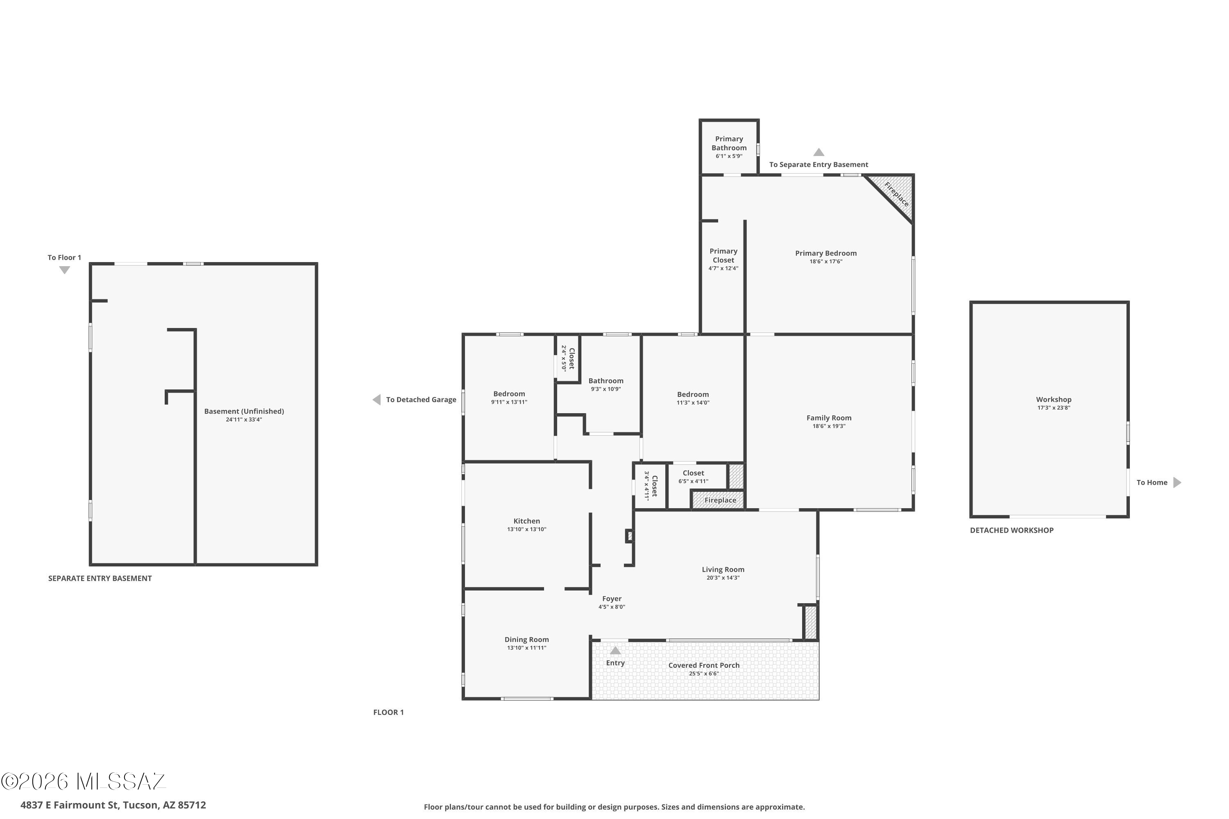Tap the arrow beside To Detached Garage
click(376, 400)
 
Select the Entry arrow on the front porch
click(616, 650)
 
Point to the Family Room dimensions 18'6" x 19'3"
click(829, 426)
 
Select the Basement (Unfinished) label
click(244, 412)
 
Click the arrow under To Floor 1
click(64, 270)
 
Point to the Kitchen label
click(527, 521)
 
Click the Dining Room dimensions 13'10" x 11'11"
click(527, 648)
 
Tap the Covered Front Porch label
click(704, 665)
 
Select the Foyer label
click(612, 599)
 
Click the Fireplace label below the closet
click(720, 500)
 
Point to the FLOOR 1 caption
click(388, 712)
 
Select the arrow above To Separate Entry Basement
click(819, 152)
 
